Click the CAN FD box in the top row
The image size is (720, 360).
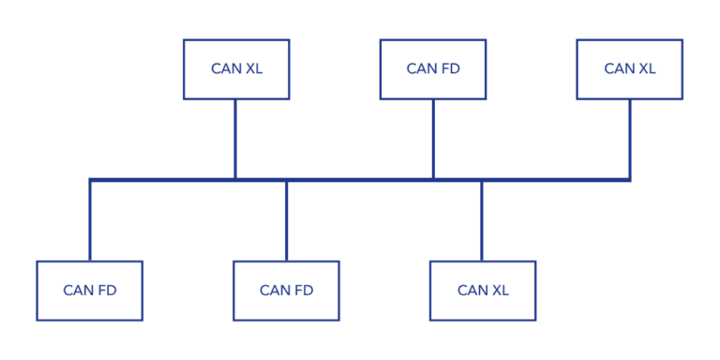coord(433,69)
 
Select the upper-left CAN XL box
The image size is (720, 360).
coord(236,69)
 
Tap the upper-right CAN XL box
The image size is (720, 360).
coord(629,69)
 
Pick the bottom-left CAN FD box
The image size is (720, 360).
coord(90,291)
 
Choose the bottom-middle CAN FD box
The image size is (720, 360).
coord(286,291)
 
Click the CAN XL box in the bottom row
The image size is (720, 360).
coord(483,291)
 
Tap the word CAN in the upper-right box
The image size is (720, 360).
coord(619,69)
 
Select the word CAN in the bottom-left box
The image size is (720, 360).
coord(78,291)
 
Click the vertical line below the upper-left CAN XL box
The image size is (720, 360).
coord(235,139)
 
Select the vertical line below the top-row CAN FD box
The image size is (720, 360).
coord(433,139)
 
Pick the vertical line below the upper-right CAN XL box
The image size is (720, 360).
coord(629,139)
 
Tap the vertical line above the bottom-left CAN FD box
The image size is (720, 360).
coord(90,221)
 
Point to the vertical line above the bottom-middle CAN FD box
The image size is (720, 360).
coord(286,221)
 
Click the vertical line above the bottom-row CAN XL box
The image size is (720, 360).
coord(482,221)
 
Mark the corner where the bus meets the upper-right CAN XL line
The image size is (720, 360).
coord(629,179)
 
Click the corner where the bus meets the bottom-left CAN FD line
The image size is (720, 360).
coord(90,179)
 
